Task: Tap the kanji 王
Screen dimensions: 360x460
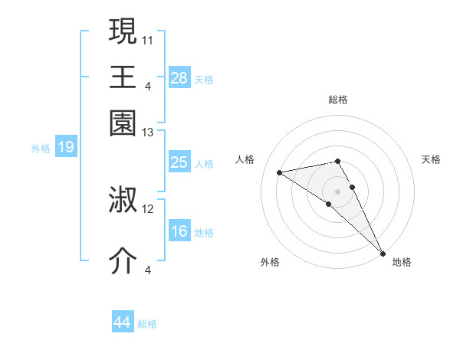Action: (123, 77)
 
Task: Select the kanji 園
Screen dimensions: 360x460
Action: (123, 122)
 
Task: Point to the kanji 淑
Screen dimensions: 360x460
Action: (123, 200)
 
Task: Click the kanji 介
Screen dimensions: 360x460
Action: (123, 260)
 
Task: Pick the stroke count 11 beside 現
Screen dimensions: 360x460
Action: (148, 39)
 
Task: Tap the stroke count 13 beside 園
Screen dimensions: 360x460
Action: (148, 133)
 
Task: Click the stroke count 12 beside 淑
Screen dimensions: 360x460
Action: (148, 208)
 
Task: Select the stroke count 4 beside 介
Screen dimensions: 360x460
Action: (148, 269)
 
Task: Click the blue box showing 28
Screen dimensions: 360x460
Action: (179, 77)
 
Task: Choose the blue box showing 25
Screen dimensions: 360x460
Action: (179, 162)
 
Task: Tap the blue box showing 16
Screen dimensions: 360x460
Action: (179, 231)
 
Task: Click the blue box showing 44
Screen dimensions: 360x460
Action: (122, 322)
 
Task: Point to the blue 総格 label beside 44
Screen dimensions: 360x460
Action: (147, 324)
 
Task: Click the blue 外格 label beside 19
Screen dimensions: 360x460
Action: (41, 149)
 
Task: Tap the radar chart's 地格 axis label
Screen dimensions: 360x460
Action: (402, 262)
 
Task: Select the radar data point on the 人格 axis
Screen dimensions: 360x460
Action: (280, 172)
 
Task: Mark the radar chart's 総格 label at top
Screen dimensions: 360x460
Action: (337, 100)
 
